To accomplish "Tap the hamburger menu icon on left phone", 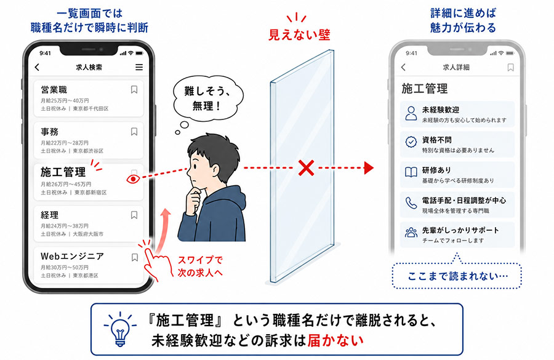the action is point(139,67).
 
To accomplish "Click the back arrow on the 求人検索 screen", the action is point(37,67).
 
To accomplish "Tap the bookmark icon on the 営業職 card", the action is point(134,90).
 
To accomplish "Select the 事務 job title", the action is point(49,132).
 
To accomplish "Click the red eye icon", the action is point(133,179).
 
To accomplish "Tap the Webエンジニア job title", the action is point(72,256).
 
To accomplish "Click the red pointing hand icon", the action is point(155,262).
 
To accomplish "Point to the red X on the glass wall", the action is point(306,168).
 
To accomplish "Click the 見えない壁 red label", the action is point(299,34).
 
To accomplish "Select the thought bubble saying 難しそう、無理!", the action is point(208,98).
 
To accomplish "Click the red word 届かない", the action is point(335,340).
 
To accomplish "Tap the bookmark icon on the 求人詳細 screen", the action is point(510,67).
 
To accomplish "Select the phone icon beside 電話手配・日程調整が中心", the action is point(411,203).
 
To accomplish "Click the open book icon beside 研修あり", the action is point(411,172).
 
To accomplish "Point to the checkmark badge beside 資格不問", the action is point(411,142).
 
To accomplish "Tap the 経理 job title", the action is point(49,215).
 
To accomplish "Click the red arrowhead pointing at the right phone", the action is point(369,168).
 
